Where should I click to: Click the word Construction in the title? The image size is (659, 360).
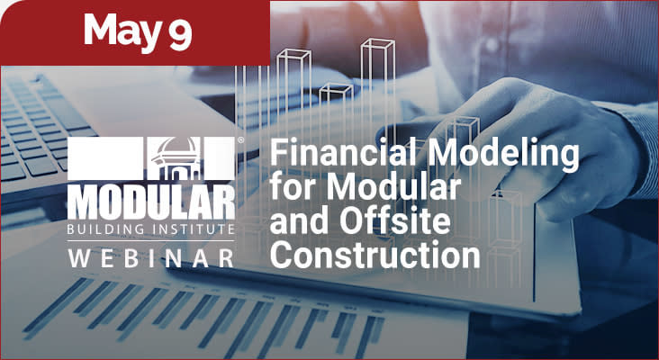tap(375, 256)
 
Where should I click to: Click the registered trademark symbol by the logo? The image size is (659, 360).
tap(239, 141)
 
